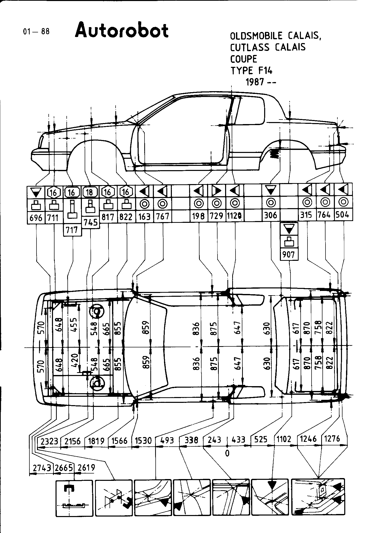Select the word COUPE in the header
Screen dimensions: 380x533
[x=244, y=59]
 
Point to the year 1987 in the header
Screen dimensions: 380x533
[x=255, y=82]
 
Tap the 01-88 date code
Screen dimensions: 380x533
[x=36, y=32]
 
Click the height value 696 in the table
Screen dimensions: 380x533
[x=36, y=218]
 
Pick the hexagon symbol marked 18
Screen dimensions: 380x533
[x=90, y=192]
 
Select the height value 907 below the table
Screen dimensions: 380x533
[x=289, y=254]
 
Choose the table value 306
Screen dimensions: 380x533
[x=271, y=215]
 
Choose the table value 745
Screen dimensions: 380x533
[x=91, y=223]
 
